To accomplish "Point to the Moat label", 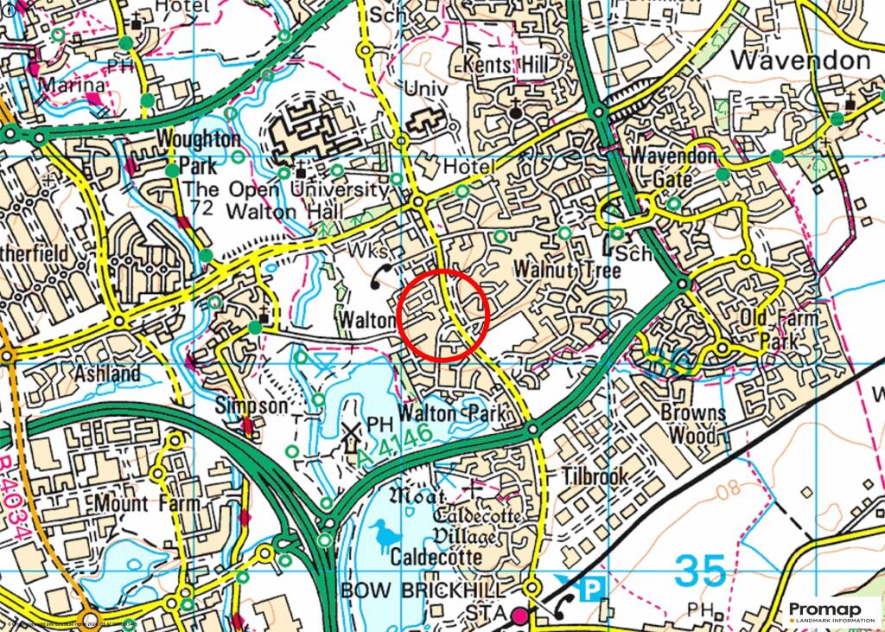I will (417, 496).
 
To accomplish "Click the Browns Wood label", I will (693, 423).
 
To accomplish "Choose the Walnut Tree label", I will (568, 271).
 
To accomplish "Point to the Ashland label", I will (106, 374).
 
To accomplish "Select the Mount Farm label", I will (148, 503).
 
